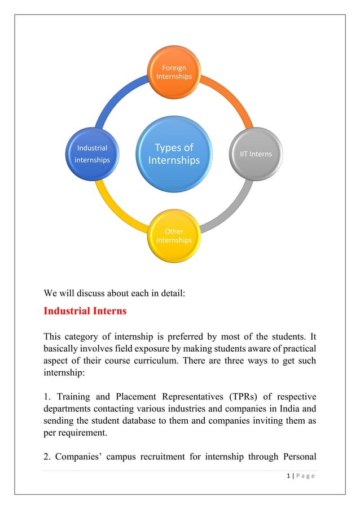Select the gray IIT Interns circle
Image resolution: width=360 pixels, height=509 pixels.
click(x=256, y=154)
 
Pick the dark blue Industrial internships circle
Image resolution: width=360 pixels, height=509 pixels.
click(x=92, y=154)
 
